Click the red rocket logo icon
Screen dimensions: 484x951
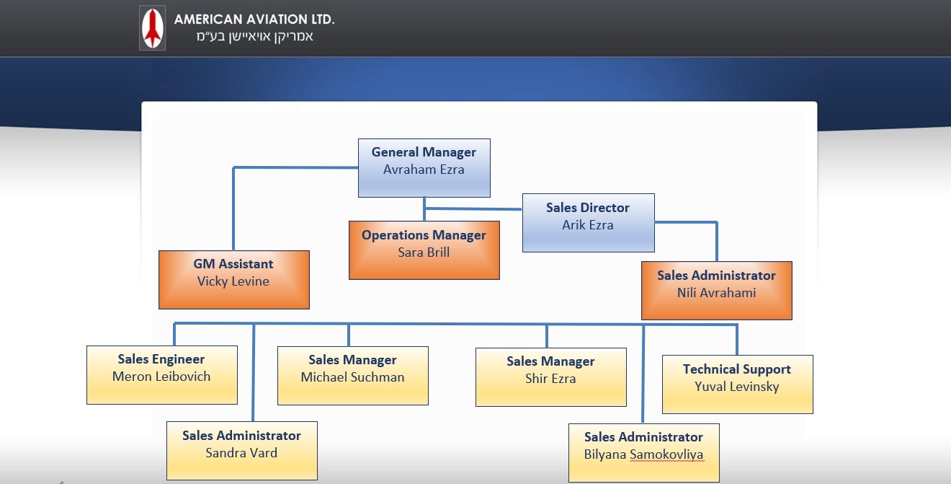coord(152,29)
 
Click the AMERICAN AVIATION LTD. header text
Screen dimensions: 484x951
coord(254,19)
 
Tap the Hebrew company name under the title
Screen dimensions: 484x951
coord(254,37)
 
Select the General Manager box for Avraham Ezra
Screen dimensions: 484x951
coord(424,168)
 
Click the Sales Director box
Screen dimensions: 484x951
coord(588,222)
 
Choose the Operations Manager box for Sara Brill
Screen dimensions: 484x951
coord(424,250)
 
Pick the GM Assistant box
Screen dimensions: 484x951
coord(233,279)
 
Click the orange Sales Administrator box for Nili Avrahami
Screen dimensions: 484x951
coord(716,290)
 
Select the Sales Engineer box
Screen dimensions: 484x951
coord(161,375)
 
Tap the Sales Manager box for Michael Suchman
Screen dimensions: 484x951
coord(352,376)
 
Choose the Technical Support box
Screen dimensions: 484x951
coord(737,384)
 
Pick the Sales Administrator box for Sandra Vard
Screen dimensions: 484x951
coord(241,451)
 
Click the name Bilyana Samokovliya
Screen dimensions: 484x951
coord(643,454)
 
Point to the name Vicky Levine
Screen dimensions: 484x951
coord(233,281)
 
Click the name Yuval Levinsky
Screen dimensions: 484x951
coord(737,387)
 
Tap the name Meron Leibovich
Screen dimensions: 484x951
coord(161,377)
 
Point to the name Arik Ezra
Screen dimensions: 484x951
coord(588,225)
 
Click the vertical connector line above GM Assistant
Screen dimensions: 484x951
coord(233,209)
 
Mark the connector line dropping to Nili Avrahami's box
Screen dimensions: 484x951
coord(716,242)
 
